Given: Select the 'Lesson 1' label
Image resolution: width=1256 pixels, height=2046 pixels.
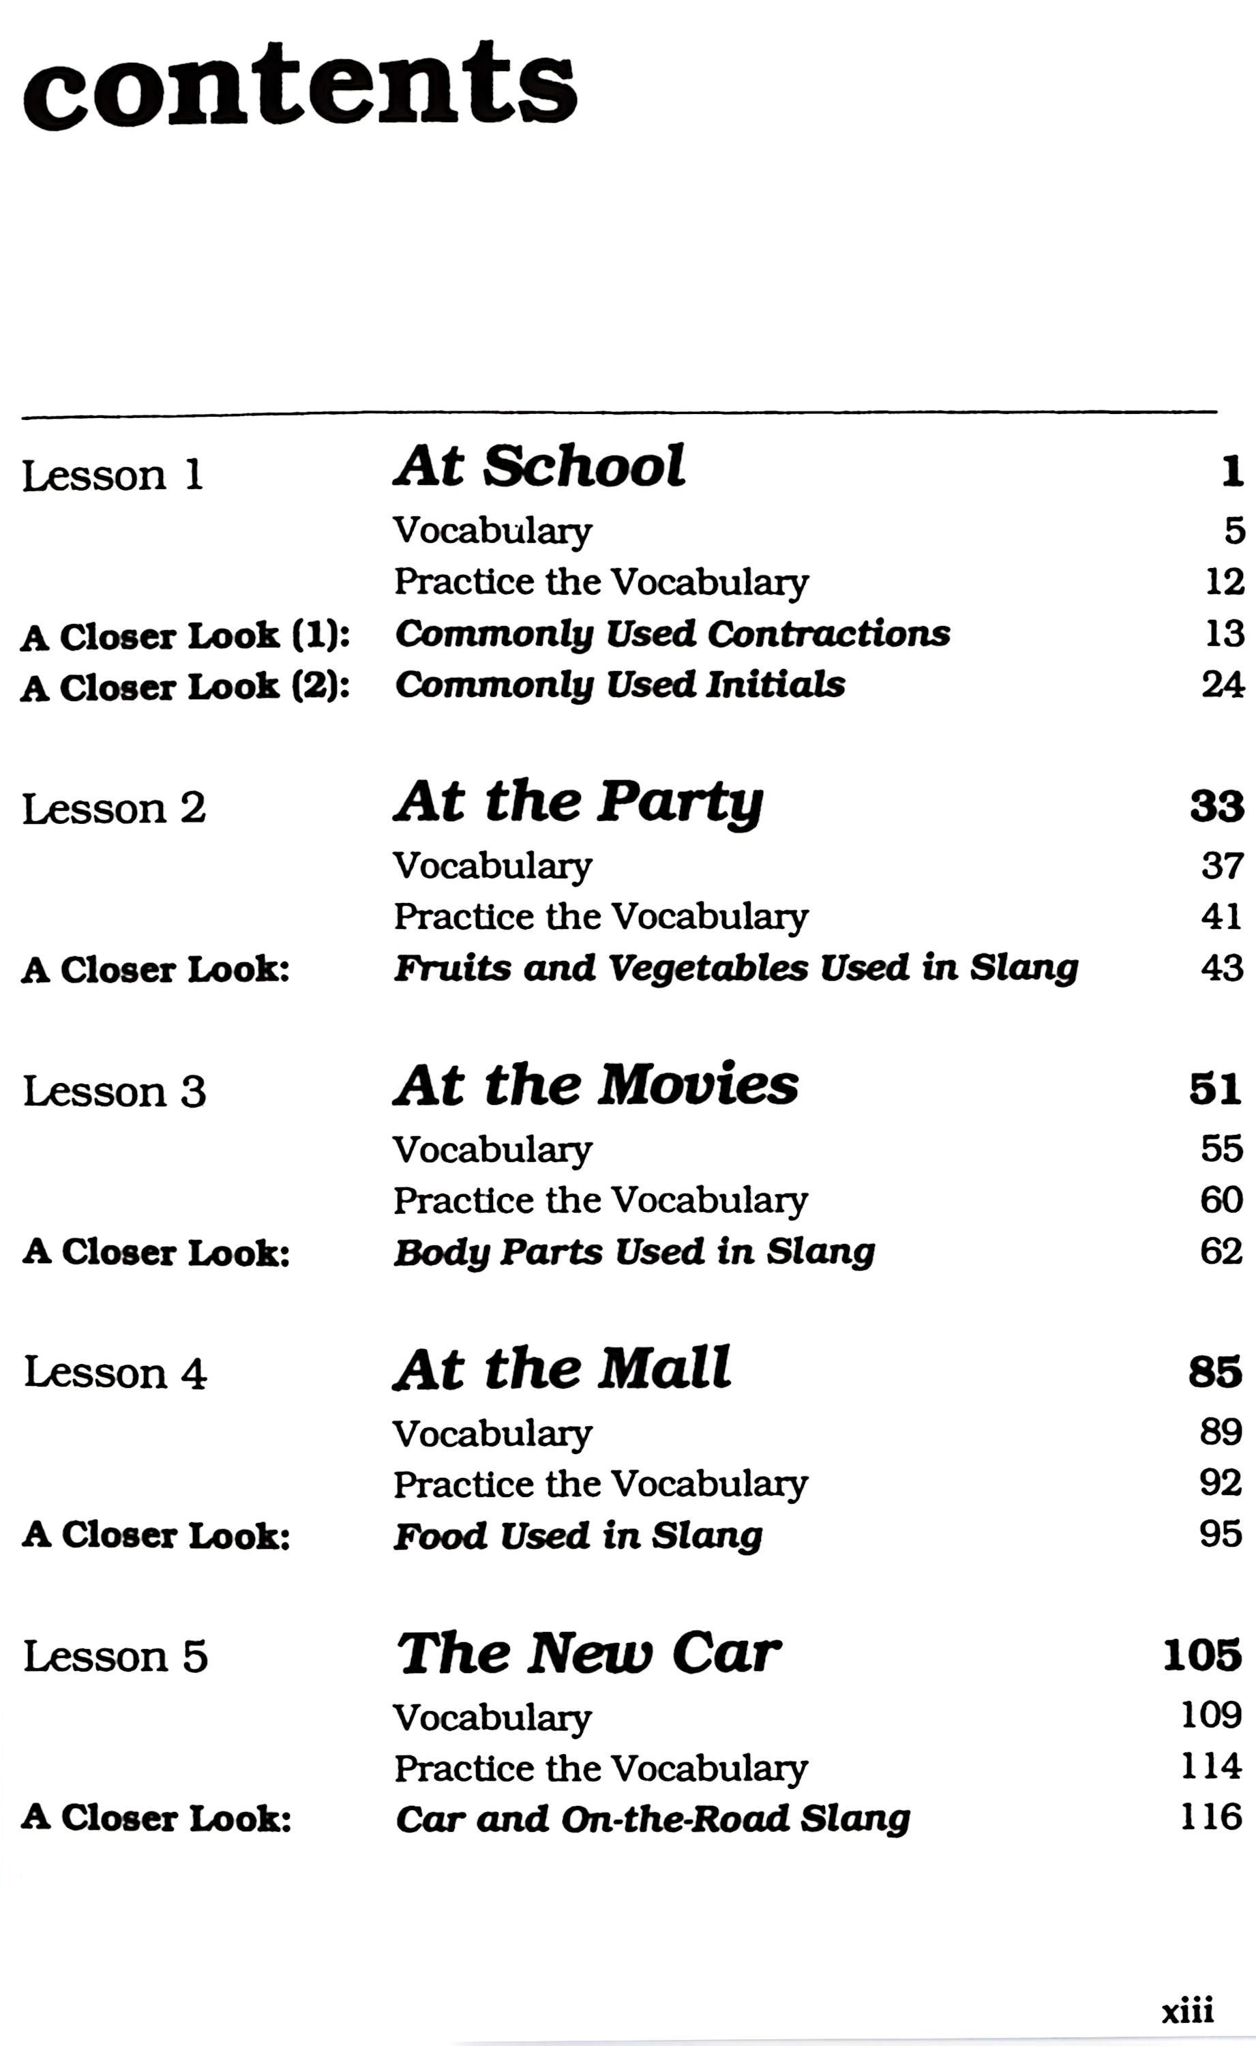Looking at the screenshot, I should coord(112,476).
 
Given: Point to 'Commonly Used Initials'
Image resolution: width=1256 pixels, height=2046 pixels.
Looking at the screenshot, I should coord(620,685).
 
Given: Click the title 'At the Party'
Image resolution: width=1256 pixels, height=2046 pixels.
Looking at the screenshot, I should coord(578,803).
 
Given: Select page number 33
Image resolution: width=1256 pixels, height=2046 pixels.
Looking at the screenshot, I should coord(1216,807).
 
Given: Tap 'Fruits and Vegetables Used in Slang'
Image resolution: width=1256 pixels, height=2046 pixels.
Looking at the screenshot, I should coord(736,968).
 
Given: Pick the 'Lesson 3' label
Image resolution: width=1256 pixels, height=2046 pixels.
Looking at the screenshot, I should coord(114,1091).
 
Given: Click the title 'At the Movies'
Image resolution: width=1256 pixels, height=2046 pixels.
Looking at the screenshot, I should coord(595,1086).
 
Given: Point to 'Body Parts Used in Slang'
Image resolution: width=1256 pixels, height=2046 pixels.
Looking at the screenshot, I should coord(635,1253).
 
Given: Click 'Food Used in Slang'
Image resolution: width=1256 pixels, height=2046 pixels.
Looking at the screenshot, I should coord(578,1536).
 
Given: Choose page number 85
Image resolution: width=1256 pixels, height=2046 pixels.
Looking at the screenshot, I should coord(1214,1372).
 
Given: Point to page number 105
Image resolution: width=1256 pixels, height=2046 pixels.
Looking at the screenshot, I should coord(1202,1656).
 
